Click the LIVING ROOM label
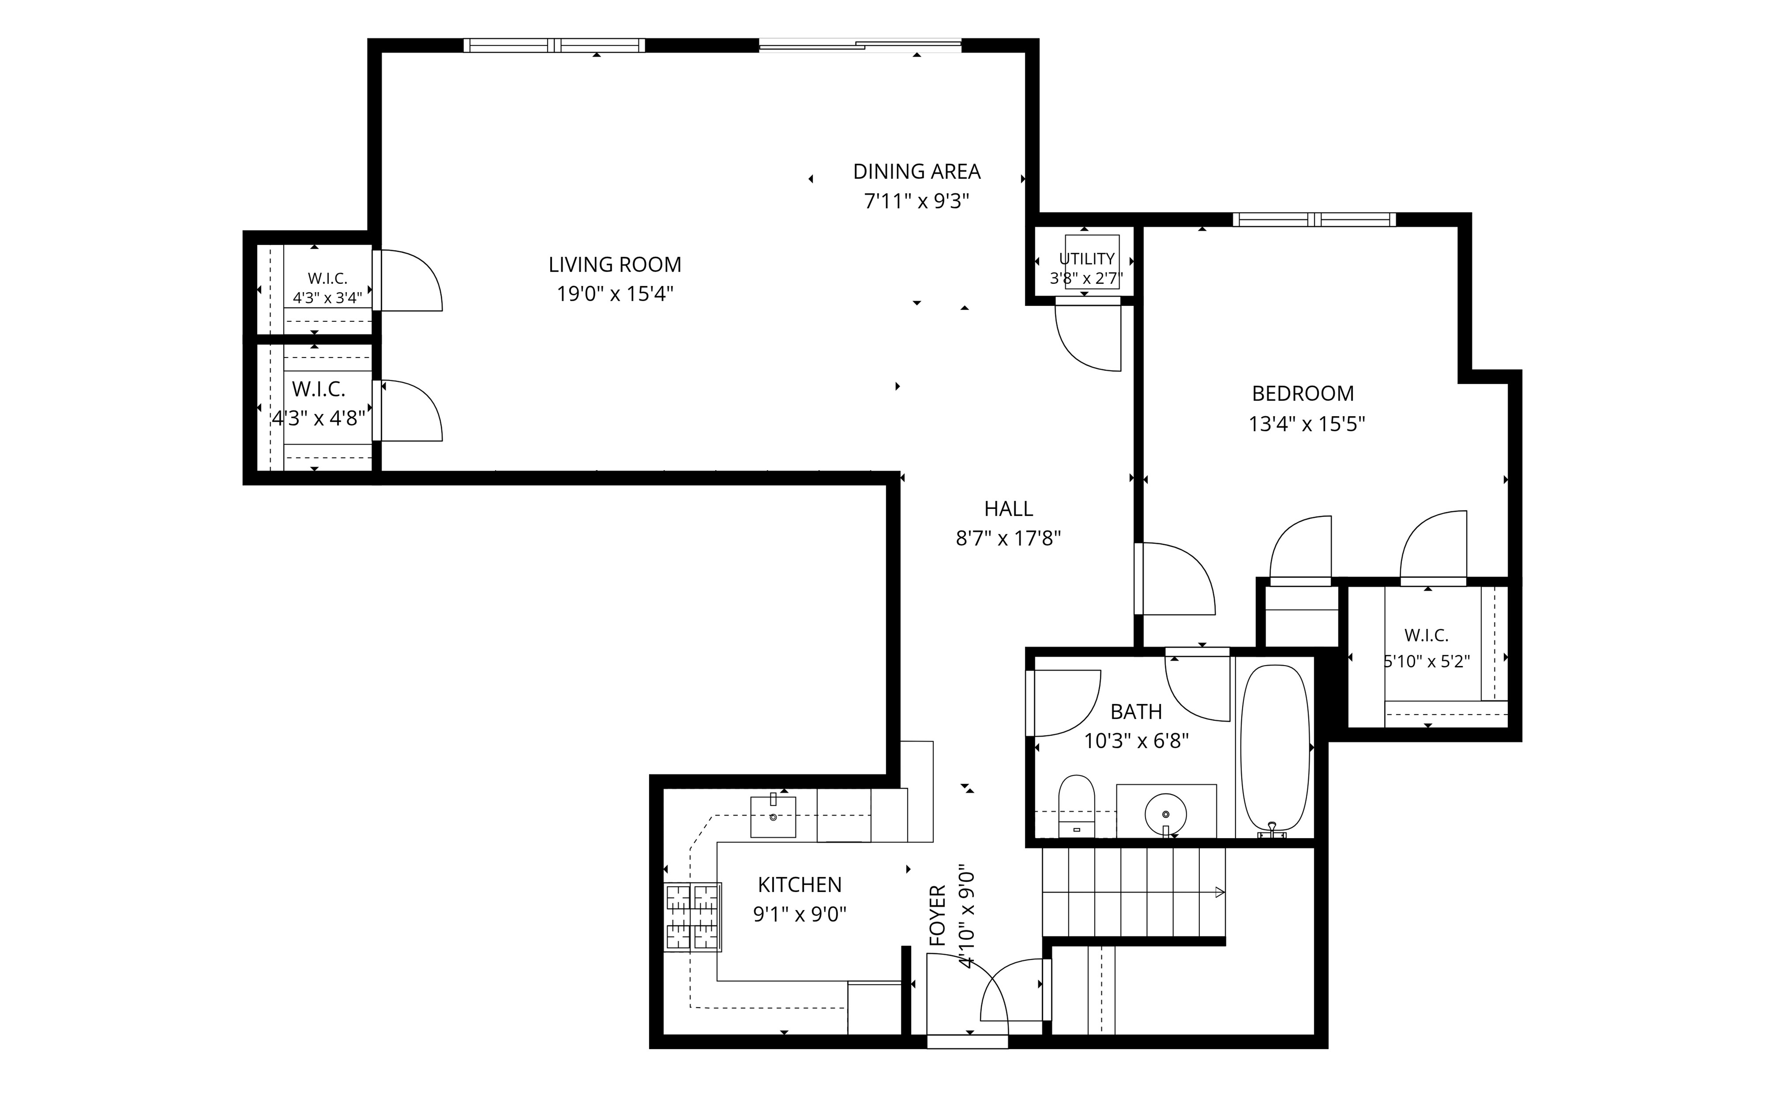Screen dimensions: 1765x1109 (615, 265)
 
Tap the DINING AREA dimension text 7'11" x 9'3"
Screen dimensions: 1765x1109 (917, 201)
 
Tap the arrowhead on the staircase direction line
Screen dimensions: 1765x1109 (1220, 892)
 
